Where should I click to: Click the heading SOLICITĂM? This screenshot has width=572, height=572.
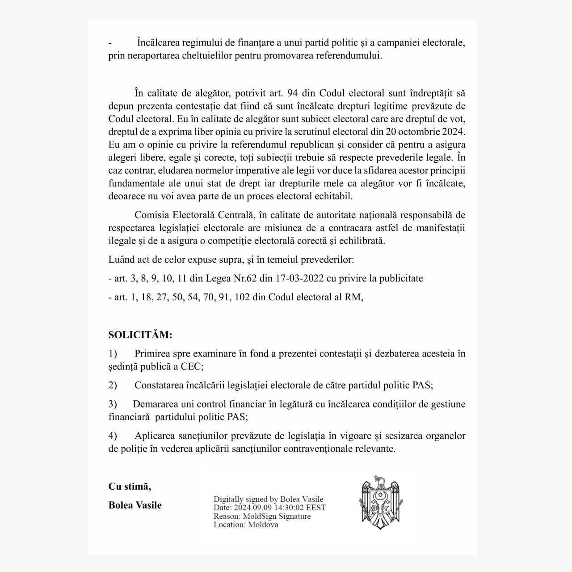click(x=140, y=335)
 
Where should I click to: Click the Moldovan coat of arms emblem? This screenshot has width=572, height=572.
click(x=379, y=502)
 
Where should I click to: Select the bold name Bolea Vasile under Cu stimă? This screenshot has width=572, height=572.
click(x=135, y=505)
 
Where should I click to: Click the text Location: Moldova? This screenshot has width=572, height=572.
click(x=246, y=525)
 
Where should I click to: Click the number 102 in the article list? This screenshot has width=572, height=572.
click(x=242, y=297)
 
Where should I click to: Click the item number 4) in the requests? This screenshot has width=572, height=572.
click(x=113, y=436)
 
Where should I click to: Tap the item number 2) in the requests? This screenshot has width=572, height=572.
click(x=113, y=385)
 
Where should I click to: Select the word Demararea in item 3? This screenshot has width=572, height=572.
click(x=154, y=404)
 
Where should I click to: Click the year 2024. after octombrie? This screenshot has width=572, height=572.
click(x=454, y=132)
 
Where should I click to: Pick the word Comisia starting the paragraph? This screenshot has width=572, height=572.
click(x=150, y=215)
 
